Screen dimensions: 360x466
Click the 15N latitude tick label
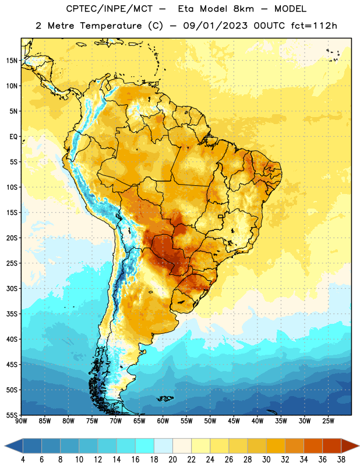click(12, 61)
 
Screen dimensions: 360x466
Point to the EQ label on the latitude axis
click(13, 137)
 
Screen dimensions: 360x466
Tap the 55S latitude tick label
click(12, 415)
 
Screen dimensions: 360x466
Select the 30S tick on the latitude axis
click(12, 288)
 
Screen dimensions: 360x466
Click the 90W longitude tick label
click(21, 421)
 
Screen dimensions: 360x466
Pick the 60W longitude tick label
click(163, 421)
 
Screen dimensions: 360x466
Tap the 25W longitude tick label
click(328, 421)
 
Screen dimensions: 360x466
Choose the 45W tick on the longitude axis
click(234, 421)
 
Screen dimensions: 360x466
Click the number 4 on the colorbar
click(23, 460)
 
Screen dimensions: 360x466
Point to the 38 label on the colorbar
click(341, 460)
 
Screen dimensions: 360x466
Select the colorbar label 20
click(172, 460)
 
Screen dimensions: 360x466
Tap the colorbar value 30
click(266, 460)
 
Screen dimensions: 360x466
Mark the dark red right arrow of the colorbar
click(350, 446)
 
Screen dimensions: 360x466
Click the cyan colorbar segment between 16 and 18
click(145, 446)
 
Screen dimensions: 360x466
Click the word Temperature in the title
click(111, 26)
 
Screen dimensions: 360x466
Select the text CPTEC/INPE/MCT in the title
click(110, 9)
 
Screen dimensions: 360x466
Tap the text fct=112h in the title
click(314, 26)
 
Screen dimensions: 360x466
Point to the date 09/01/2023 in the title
click(215, 26)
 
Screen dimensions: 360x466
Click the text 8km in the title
click(243, 9)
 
